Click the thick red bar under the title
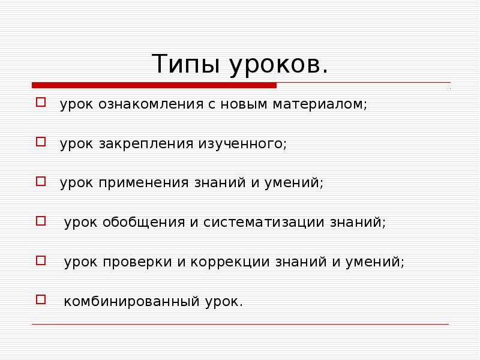pos(154,85)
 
